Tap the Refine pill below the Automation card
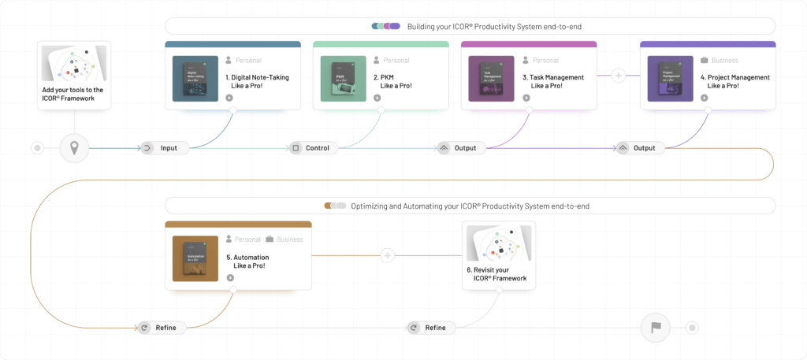tap(165, 328)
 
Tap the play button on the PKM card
tap(377, 98)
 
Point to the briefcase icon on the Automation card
tap(270, 239)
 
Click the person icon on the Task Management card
tap(525, 60)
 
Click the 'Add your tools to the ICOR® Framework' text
tap(75, 94)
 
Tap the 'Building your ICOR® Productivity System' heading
tap(493, 27)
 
